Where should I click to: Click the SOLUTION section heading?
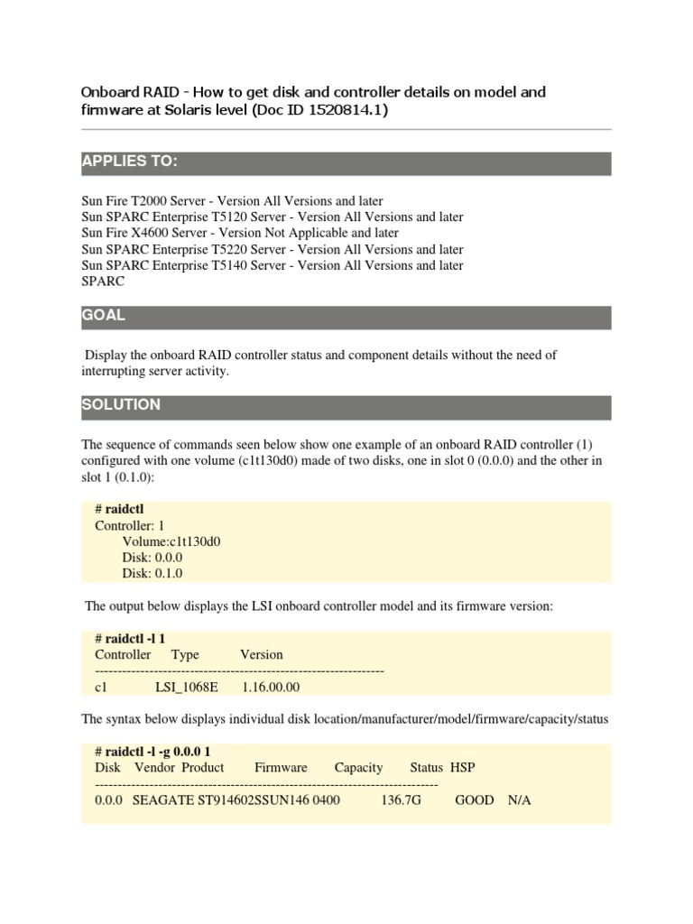121,405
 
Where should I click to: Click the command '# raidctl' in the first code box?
119,509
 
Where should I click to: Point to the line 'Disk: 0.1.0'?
152,574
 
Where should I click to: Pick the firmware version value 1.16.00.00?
271,687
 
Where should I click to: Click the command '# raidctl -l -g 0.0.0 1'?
159,752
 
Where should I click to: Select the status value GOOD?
474,800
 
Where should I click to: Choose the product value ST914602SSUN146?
254,800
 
